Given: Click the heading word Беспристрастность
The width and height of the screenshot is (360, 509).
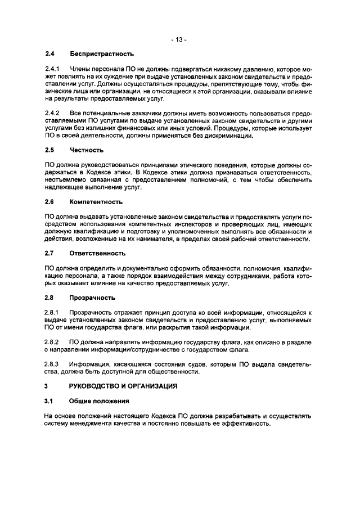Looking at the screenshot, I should pos(102,54).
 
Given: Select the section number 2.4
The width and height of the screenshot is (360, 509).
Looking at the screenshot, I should pos(49,54).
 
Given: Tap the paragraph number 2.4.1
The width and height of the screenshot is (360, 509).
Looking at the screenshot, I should pos(52,69).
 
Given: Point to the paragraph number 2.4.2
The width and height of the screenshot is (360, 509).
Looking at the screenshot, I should pos(52,114).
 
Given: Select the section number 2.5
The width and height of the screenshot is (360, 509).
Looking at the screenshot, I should pos(49,151).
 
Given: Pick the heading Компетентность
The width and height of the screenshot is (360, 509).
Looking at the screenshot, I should pos(96,201).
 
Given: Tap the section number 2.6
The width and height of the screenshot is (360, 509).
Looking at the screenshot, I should pos(49,201).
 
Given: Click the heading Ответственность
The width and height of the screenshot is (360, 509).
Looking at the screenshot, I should pos(98,253).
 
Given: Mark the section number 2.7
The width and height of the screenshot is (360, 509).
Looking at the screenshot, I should pos(49,253).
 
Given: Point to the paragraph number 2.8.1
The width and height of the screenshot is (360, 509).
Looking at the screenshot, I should pos(52,312).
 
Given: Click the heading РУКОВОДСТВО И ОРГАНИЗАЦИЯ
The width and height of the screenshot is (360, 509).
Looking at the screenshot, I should pos(123,386).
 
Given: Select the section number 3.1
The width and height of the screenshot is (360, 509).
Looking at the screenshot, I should pos(49,401).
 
